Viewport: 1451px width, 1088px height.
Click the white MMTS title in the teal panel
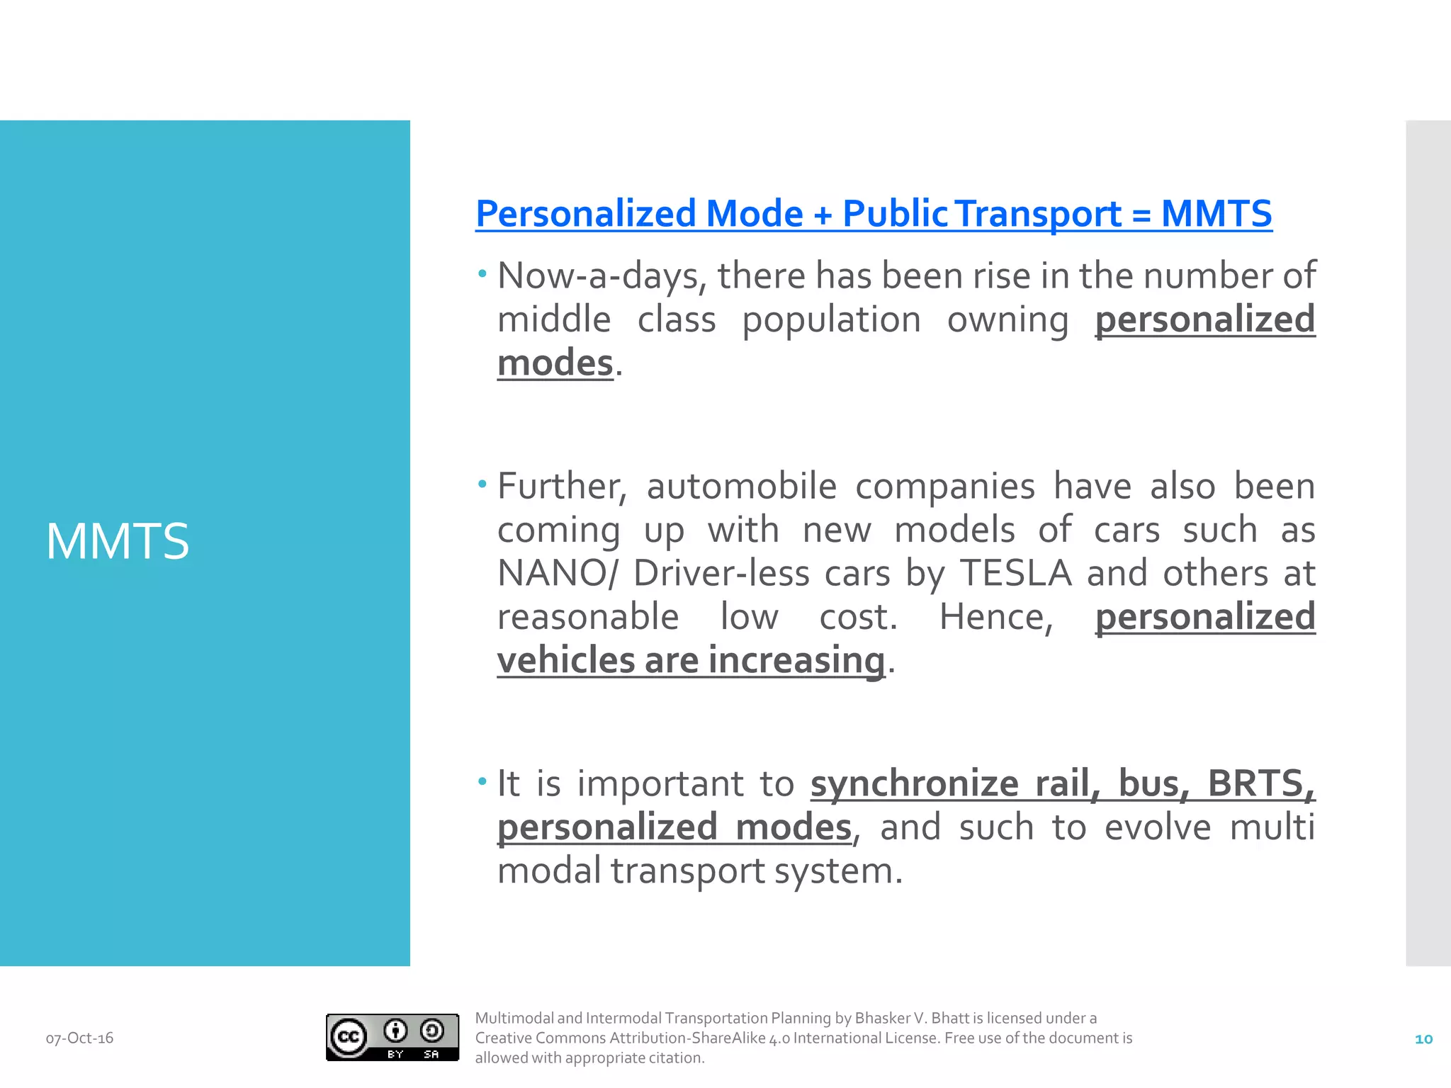118,542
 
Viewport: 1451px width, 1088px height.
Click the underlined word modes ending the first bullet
555,364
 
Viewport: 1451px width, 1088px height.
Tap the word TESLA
1015,574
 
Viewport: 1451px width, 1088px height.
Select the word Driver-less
721,574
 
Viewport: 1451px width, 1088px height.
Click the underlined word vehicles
565,661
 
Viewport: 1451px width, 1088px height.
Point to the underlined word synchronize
915,784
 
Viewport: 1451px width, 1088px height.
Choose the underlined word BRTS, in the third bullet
1261,784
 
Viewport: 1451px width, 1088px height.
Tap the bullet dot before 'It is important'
482,782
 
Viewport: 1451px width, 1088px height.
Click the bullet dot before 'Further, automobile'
482,484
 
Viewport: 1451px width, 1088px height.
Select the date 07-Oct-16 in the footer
79,1038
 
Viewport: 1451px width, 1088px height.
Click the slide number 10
1423,1039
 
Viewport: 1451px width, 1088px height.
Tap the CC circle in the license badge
348,1038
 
